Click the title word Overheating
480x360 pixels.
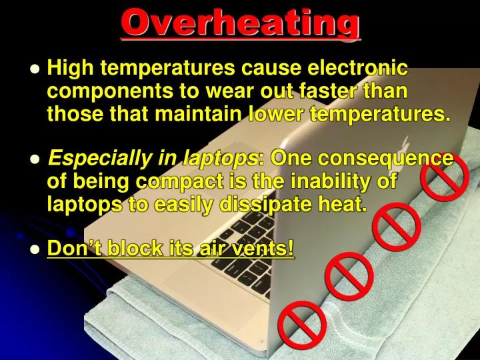coord(241,23)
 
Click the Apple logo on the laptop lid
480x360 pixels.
coord(405,145)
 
